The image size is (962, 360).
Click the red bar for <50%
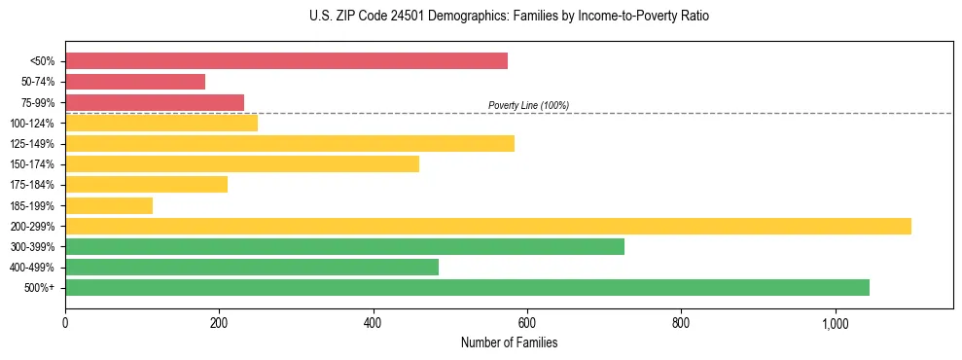click(286, 61)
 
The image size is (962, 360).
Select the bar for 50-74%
click(135, 82)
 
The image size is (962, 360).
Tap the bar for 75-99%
click(155, 102)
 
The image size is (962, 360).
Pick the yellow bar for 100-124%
click(161, 123)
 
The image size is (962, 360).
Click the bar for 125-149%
click(290, 144)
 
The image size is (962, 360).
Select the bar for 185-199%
click(109, 205)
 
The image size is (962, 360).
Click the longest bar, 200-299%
click(488, 226)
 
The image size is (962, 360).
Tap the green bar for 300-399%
click(344, 246)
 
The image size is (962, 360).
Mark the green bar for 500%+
click(467, 287)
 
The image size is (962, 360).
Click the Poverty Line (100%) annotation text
click(528, 105)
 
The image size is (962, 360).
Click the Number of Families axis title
click(509, 342)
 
